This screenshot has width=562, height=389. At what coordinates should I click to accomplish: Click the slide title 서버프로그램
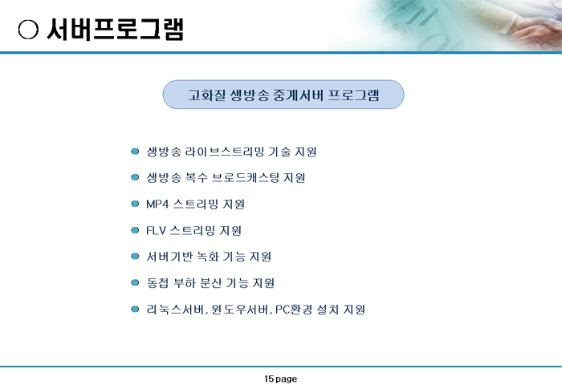click(x=116, y=29)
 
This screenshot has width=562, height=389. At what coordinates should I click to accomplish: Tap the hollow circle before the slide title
click(x=28, y=30)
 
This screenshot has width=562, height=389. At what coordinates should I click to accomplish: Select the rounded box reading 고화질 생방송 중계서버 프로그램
click(x=283, y=95)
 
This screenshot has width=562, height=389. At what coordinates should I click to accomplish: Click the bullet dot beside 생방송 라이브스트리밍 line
click(x=135, y=151)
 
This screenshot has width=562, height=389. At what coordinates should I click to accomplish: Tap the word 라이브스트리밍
click(x=225, y=152)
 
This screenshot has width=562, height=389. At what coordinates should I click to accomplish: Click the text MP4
click(x=157, y=205)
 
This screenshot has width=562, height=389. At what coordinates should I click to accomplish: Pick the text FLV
click(x=156, y=230)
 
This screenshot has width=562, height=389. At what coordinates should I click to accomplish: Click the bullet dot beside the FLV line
click(x=135, y=230)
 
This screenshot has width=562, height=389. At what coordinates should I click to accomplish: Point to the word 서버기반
click(x=169, y=257)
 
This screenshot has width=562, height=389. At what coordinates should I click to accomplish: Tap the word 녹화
click(x=208, y=257)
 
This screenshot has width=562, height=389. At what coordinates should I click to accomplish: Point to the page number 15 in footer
click(x=269, y=379)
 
